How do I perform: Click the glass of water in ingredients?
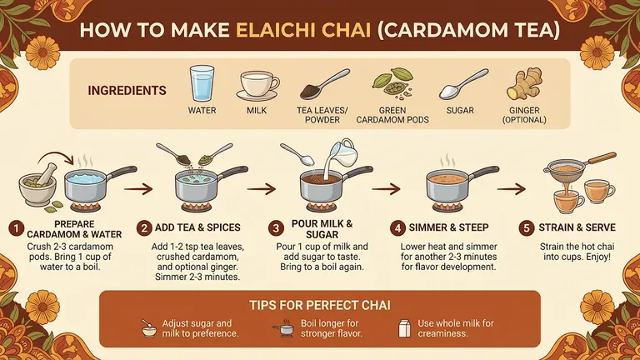click(202, 83)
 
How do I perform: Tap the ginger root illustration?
click(524, 83)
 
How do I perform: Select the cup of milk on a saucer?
click(257, 86)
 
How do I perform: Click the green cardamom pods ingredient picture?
click(392, 83)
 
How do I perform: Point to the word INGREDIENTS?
click(127, 91)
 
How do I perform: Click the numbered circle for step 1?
click(17, 228)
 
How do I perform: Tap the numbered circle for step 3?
click(276, 228)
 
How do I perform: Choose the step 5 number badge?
click(527, 228)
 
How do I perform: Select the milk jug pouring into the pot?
click(342, 154)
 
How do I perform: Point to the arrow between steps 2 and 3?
click(262, 189)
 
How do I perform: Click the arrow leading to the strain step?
click(512, 189)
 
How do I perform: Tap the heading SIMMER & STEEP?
click(448, 227)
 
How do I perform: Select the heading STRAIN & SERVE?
click(577, 227)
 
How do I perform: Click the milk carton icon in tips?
click(404, 328)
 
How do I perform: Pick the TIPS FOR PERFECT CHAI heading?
click(320, 305)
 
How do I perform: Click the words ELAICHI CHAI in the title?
click(303, 31)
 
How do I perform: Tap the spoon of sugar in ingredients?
click(463, 84)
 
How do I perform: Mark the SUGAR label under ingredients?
click(460, 111)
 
